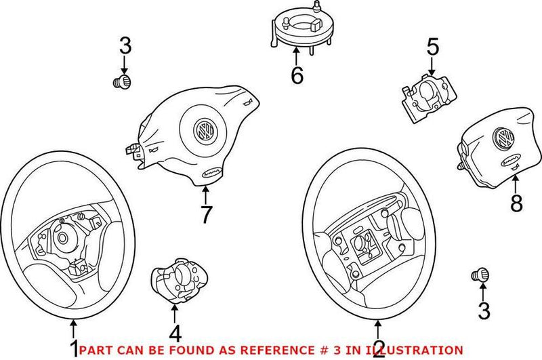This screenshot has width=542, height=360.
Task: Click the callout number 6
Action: (297, 76)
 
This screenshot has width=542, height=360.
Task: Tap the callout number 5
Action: (432, 47)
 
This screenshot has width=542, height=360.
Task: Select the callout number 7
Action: (206, 214)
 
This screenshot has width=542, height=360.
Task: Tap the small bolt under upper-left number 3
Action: (123, 83)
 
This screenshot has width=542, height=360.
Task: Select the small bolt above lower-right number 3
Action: (480, 275)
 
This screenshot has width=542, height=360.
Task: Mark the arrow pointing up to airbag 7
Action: (205, 194)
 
